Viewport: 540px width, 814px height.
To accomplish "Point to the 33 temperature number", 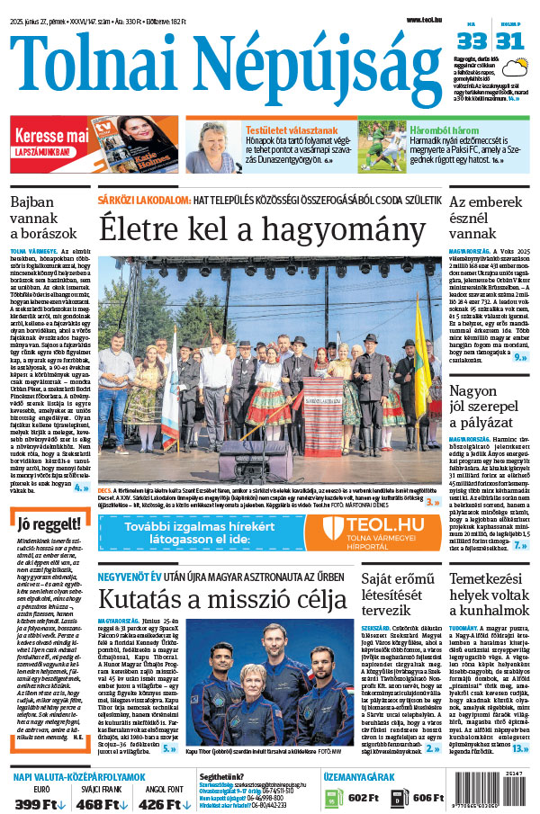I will click(472, 41).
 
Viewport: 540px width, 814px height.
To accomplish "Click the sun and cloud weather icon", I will click(516, 67).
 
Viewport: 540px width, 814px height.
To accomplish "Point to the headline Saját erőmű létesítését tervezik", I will click(397, 597).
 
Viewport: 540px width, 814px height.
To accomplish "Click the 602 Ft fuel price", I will click(363, 797).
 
